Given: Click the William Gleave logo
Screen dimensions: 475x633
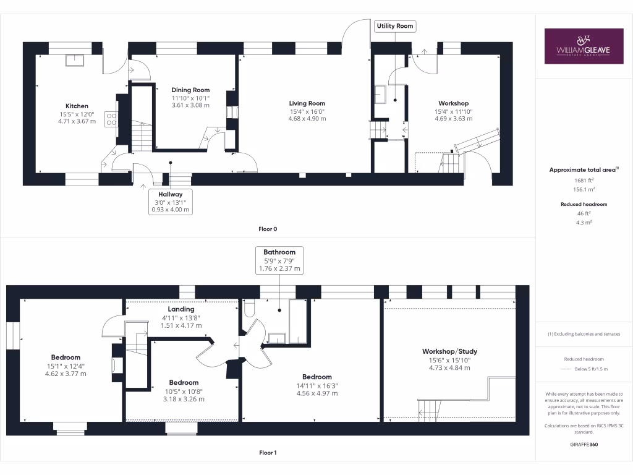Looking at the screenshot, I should click(584, 46).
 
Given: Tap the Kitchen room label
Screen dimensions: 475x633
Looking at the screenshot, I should click(77, 106).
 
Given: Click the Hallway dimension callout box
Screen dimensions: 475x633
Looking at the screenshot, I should click(171, 202).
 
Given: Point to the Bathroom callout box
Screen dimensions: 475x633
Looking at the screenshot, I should click(279, 260).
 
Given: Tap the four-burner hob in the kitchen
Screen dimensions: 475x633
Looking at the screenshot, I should click(112, 119).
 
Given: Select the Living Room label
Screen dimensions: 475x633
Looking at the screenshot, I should click(307, 103).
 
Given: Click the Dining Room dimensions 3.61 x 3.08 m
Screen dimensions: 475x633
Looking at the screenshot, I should click(190, 105).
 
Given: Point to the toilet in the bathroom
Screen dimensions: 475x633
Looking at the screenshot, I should click(250, 307).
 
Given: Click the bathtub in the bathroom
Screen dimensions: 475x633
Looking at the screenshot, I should click(298, 322).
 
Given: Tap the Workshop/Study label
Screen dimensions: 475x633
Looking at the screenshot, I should click(449, 351).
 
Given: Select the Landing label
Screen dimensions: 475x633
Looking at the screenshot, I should click(181, 309).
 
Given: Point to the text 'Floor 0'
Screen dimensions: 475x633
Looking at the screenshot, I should click(268, 229).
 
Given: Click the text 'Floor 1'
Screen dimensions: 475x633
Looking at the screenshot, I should click(268, 453).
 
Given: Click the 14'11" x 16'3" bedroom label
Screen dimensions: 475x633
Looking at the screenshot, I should click(316, 385).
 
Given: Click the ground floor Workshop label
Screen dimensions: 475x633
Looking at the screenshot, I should click(453, 103).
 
